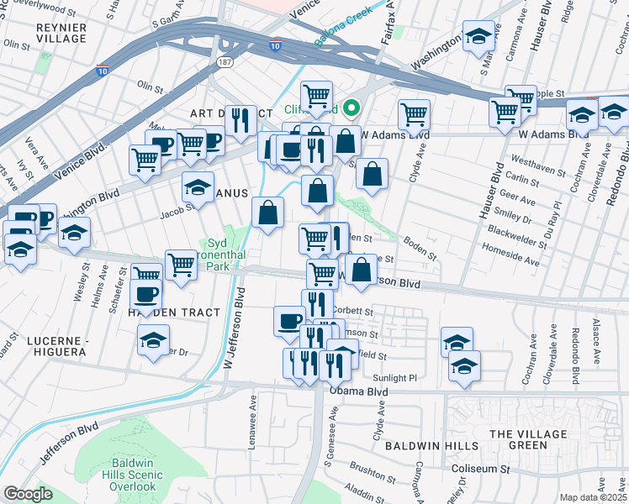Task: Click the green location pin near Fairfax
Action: (x=353, y=108)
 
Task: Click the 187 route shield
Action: (x=225, y=62)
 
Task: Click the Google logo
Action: (x=28, y=494)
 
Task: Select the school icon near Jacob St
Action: (x=198, y=186)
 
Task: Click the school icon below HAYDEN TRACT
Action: (x=153, y=341)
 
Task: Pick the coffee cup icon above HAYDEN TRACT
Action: (x=147, y=294)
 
